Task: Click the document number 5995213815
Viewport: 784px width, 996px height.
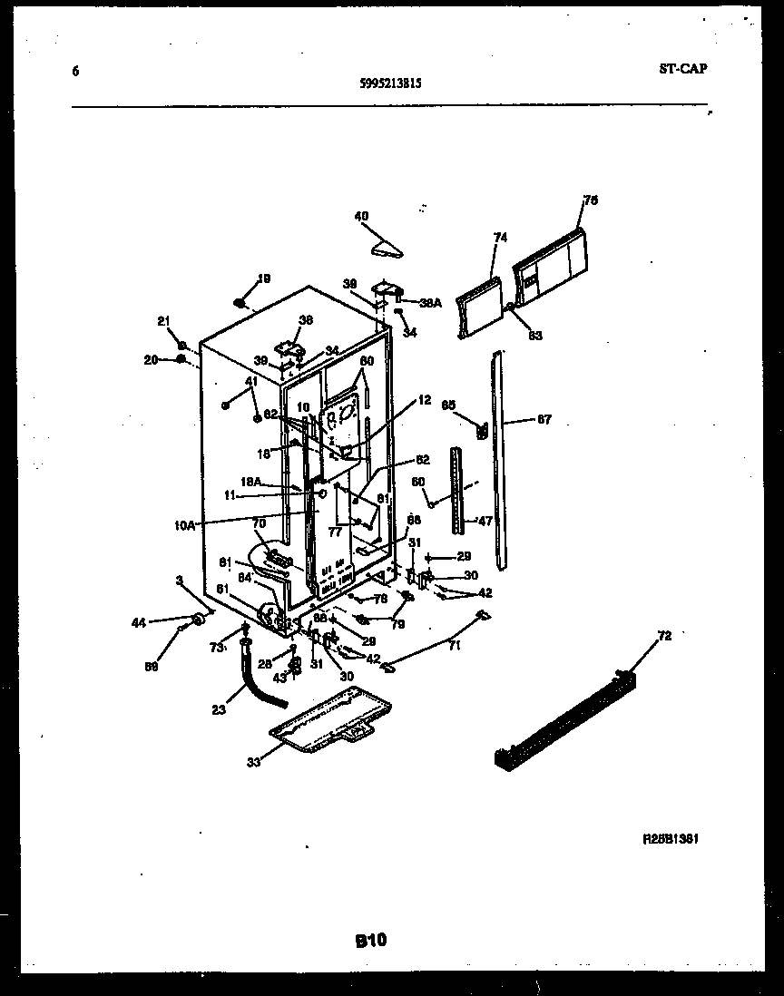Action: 390,83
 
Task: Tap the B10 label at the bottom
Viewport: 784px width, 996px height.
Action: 371,942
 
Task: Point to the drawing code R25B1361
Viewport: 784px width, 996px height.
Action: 670,839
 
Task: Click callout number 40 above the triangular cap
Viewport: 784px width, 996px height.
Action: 362,216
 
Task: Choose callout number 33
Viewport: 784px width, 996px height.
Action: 253,762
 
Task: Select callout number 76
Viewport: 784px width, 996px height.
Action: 591,200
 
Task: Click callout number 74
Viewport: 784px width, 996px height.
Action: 500,238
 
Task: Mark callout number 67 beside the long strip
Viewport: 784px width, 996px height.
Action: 544,420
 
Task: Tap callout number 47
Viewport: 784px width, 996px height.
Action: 486,522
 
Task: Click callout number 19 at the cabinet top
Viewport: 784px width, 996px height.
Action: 263,278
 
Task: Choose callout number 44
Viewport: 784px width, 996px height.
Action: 138,622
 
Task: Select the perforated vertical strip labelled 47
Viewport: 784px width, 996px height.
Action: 456,490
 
